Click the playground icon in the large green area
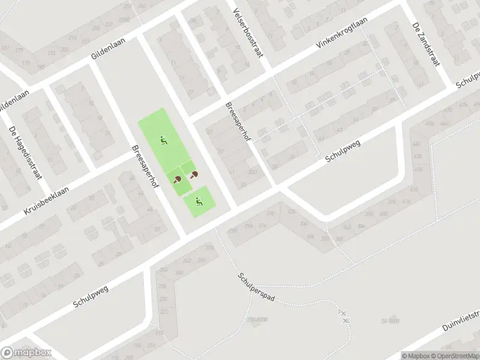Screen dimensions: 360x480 [163, 142]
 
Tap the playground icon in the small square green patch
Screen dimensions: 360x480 [199, 202]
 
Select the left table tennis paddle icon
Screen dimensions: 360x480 [177, 178]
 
